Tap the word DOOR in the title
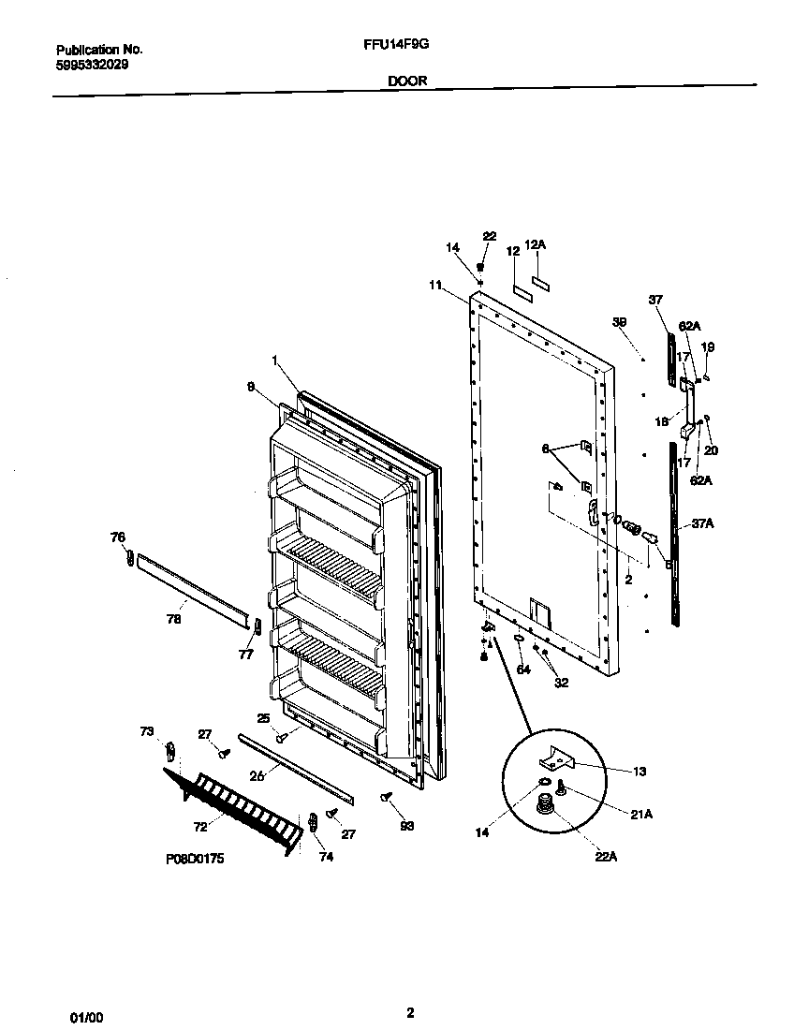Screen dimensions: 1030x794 point(407,81)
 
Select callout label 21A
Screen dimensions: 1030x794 point(640,815)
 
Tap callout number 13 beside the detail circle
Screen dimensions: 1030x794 point(639,772)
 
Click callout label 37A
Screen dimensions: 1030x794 point(702,523)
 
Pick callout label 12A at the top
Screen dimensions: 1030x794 point(535,244)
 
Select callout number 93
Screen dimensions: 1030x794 point(406,826)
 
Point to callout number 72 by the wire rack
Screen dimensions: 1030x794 point(200,828)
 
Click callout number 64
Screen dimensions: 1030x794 point(523,669)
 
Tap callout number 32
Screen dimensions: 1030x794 point(561,683)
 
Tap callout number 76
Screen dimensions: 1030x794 point(117,537)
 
